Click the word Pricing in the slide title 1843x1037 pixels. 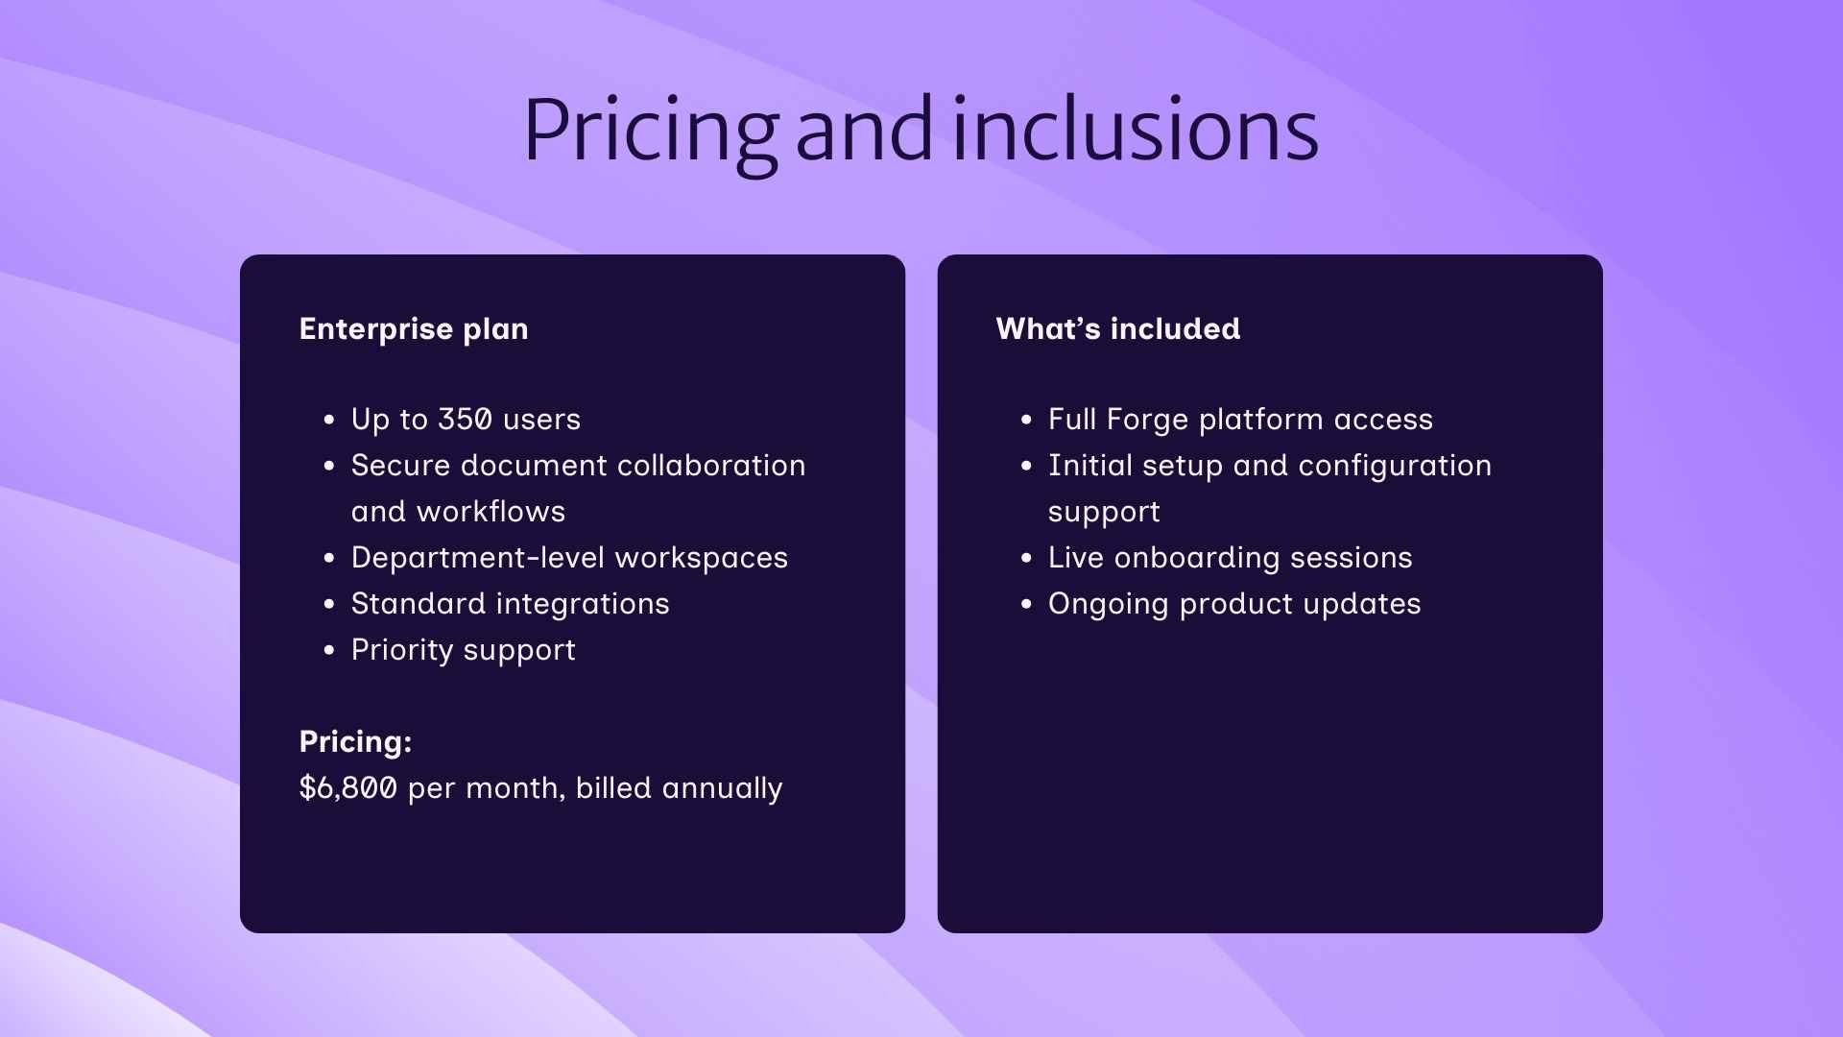click(x=650, y=130)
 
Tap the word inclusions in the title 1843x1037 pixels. click(x=1136, y=130)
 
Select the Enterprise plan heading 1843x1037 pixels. click(x=414, y=329)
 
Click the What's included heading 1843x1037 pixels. click(x=1118, y=329)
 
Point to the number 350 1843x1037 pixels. click(x=465, y=420)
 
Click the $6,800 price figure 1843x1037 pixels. click(x=347, y=788)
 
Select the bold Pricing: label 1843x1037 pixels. click(x=355, y=742)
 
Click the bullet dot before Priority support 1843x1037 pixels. click(x=329, y=651)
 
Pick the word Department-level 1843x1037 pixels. click(x=477, y=558)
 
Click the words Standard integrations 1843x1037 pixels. click(x=510, y=604)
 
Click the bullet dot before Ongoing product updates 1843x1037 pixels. click(x=1026, y=605)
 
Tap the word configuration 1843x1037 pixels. click(x=1394, y=466)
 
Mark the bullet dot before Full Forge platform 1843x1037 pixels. click(x=1026, y=421)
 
